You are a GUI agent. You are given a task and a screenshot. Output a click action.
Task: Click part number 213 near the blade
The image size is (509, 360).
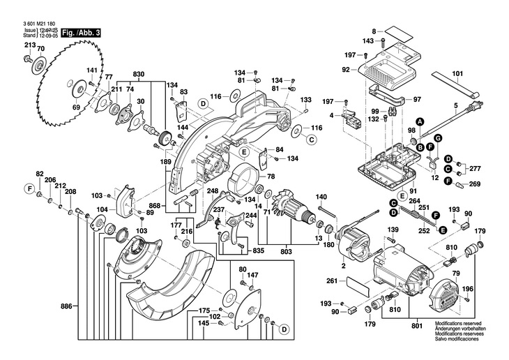tap(29, 45)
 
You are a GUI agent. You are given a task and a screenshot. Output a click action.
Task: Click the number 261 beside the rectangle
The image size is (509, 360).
tap(331, 281)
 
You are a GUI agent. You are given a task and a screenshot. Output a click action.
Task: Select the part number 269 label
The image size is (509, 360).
tap(475, 184)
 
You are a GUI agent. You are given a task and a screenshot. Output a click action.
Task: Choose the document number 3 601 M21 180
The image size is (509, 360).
tap(34, 24)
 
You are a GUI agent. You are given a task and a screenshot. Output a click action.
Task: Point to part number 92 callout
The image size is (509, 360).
tap(346, 69)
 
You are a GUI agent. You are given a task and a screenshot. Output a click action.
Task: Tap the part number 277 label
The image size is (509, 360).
tap(475, 170)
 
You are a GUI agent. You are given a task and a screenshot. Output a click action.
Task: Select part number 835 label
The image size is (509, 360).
tap(258, 250)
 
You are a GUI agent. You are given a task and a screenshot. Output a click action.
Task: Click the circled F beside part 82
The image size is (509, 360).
tap(30, 188)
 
